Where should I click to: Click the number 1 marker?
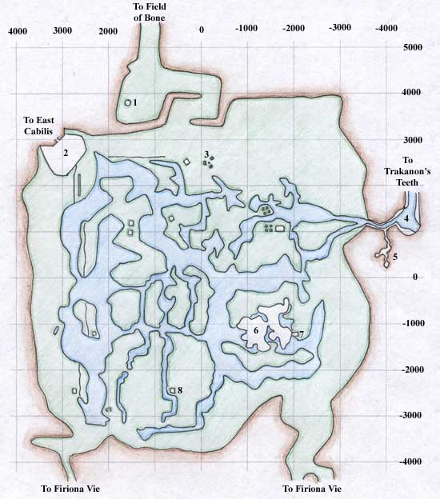tap(135, 102)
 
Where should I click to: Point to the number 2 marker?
tap(66, 152)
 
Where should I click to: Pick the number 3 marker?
tap(206, 154)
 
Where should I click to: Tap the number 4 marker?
tap(406, 218)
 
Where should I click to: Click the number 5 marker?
tap(394, 257)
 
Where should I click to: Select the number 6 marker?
tap(255, 329)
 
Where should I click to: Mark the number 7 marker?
tap(302, 333)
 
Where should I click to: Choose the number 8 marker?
tap(180, 390)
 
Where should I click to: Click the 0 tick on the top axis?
tap(202, 30)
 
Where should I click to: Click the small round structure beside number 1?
tap(127, 103)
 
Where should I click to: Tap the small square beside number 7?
tap(294, 333)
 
